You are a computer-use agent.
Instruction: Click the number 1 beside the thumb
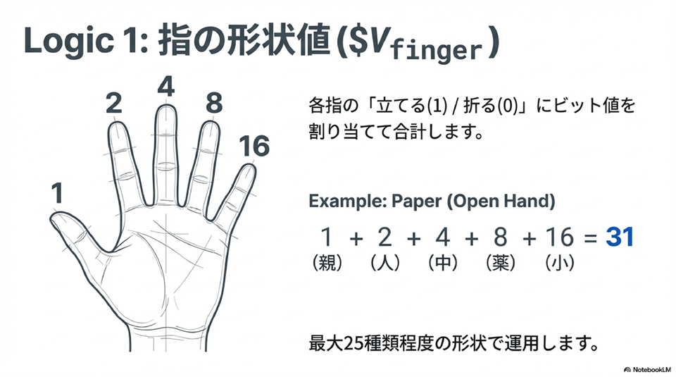click(57, 193)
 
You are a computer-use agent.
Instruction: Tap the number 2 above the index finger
click(114, 103)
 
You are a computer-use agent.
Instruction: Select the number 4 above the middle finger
click(166, 86)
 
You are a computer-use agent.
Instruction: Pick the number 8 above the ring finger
click(214, 103)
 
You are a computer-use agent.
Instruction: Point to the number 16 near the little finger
click(254, 146)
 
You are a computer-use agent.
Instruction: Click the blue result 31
click(620, 237)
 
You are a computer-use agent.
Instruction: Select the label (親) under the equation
click(327, 262)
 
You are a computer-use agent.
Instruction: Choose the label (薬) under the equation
click(501, 262)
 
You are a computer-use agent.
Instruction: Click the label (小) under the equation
click(560, 262)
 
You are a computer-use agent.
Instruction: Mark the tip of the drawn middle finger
click(166, 106)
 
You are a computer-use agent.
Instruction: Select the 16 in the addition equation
click(560, 237)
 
